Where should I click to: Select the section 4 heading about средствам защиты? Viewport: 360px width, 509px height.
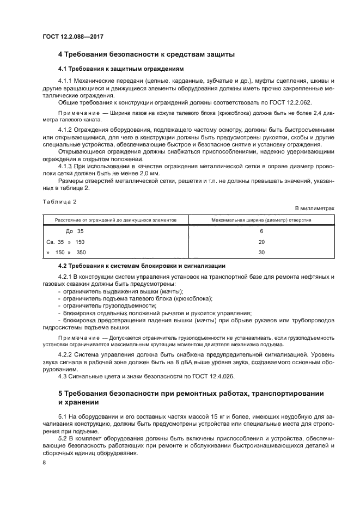click(x=147, y=54)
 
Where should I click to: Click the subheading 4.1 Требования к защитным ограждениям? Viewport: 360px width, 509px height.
click(x=121, y=69)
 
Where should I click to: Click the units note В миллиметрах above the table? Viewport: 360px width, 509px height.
click(x=314, y=208)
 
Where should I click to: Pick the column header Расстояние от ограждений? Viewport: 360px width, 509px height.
click(x=115, y=220)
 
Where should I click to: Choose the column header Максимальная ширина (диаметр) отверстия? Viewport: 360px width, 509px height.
click(x=261, y=220)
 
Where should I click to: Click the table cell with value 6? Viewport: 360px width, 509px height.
click(x=261, y=231)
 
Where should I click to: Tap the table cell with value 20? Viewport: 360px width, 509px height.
click(x=261, y=242)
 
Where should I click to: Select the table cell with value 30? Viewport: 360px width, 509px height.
click(x=261, y=252)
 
